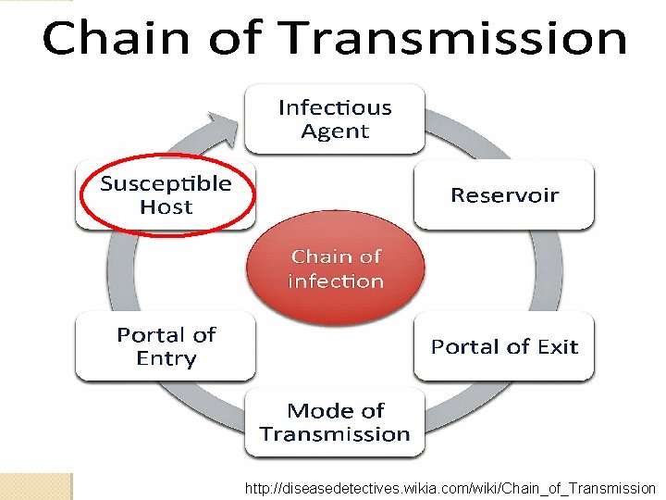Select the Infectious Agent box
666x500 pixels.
point(335,119)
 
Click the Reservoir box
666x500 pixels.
point(504,195)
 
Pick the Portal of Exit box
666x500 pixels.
point(504,346)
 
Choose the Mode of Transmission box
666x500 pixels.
point(335,422)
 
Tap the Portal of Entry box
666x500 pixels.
point(166,346)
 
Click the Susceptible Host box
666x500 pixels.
point(166,195)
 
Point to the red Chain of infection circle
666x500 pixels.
point(335,268)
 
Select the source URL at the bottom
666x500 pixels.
point(450,488)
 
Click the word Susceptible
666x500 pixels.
point(166,183)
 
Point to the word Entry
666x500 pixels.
point(166,358)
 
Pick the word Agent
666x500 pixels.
point(335,131)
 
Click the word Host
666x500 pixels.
point(166,207)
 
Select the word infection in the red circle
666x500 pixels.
point(335,281)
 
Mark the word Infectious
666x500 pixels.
point(335,107)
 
